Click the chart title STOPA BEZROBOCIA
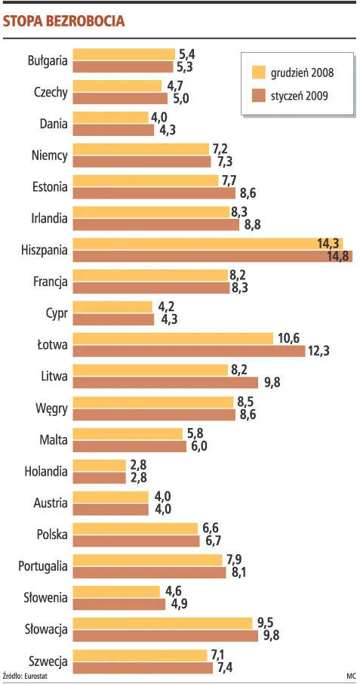[64, 22]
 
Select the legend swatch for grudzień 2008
[258, 72]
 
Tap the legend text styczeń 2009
[300, 96]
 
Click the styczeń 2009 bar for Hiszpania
[212, 257]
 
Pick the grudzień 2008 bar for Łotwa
[173, 339]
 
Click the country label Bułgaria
[48, 60]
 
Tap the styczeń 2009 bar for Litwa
[165, 383]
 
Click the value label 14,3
[328, 243]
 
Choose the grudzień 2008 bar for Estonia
[146, 181]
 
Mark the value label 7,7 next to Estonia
[229, 180]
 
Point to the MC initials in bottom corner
[350, 676]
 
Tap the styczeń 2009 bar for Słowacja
[165, 636]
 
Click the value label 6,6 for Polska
[210, 528]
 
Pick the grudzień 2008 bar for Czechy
[117, 87]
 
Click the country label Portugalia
[42, 566]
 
